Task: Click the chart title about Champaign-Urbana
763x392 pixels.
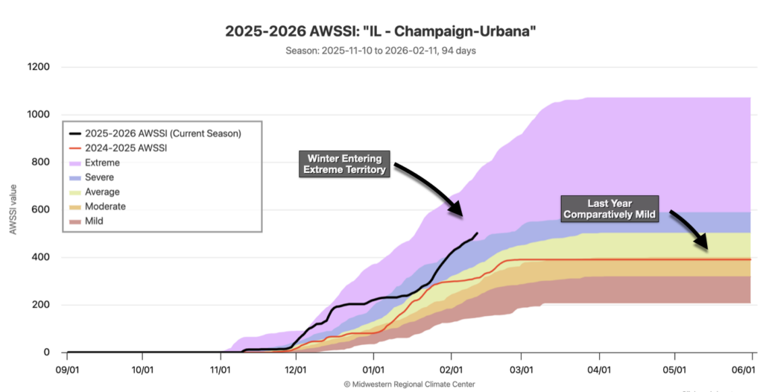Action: tap(381, 33)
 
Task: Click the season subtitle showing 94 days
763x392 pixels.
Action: tap(381, 51)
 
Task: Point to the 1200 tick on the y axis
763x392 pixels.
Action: tap(39, 67)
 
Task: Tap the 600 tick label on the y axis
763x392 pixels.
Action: tap(41, 209)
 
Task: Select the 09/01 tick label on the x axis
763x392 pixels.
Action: tap(67, 370)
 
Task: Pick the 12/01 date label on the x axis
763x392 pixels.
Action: tap(296, 370)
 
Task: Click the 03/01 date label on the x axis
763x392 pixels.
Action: tap(522, 370)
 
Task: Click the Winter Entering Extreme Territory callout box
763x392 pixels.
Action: tap(344, 164)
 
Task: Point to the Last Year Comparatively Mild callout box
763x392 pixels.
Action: tap(610, 208)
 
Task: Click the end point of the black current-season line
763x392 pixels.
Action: tap(477, 233)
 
